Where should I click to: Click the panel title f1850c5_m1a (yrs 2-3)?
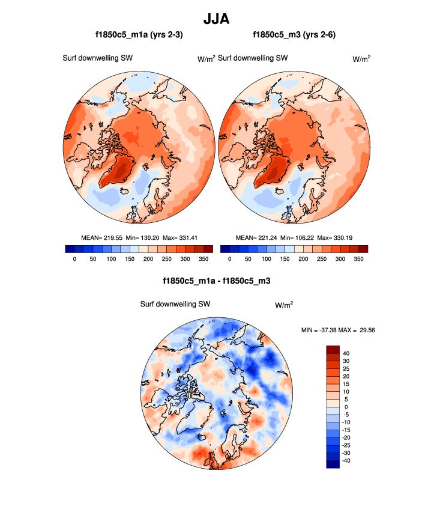coord(139,35)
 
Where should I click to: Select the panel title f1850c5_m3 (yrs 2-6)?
coord(294,35)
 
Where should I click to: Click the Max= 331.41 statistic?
coord(180,237)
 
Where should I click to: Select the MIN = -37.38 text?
coord(319,330)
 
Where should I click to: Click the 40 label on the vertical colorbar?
coord(346,353)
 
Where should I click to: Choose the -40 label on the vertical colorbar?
coord(348,460)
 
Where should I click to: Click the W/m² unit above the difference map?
coord(284,305)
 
